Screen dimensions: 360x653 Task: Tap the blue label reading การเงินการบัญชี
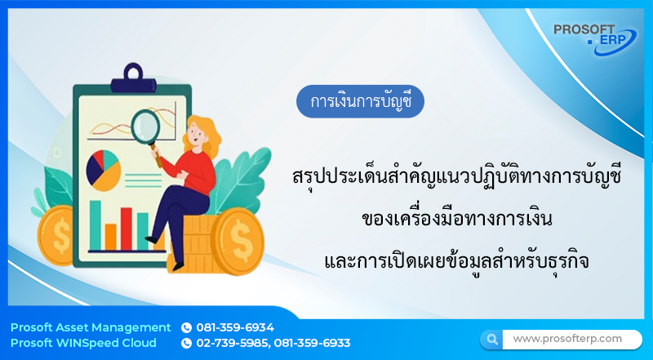click(x=361, y=102)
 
